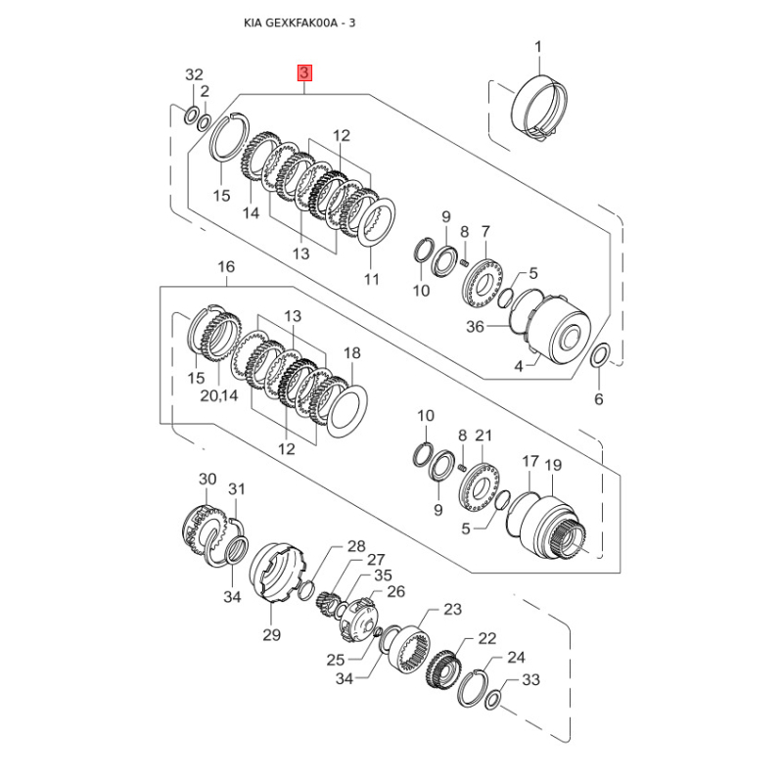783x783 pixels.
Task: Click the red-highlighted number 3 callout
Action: [x=305, y=72]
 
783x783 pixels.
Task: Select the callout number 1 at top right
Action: [x=537, y=45]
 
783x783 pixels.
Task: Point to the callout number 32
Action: [x=194, y=75]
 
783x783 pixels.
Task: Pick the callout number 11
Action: [x=371, y=280]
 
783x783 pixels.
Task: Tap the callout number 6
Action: [x=599, y=398]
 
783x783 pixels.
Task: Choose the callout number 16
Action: [x=226, y=266]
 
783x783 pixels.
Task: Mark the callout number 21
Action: [x=483, y=435]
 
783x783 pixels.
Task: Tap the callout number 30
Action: [x=206, y=479]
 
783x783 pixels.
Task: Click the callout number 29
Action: [x=271, y=634]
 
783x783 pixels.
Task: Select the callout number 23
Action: [x=451, y=609]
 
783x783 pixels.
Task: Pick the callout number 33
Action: [x=530, y=679]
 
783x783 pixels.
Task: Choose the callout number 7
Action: [x=484, y=231]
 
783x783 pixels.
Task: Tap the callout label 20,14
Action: [x=218, y=395]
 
